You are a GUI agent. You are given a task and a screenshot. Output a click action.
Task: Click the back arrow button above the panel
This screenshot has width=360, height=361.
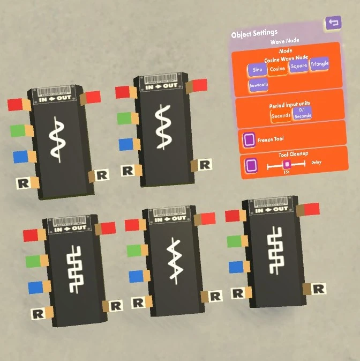(333, 23)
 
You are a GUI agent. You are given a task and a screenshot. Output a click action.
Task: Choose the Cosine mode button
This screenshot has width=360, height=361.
(276, 69)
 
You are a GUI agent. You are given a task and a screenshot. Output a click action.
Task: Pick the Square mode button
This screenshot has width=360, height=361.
(298, 66)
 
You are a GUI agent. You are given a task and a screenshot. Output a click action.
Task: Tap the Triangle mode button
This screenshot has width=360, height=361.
(319, 64)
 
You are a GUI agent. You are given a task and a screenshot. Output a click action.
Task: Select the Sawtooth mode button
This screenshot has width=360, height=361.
(259, 85)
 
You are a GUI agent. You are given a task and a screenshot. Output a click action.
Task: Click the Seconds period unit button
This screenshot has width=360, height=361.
(280, 115)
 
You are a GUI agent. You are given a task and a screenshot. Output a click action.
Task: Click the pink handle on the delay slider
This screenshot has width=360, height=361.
(287, 164)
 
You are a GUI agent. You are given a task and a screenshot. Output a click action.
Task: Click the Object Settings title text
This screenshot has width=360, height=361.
(254, 34)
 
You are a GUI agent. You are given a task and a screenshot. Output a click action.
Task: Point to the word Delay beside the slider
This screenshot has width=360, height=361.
(316, 161)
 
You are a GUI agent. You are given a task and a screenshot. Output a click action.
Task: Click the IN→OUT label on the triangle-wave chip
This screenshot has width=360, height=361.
(172, 218)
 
